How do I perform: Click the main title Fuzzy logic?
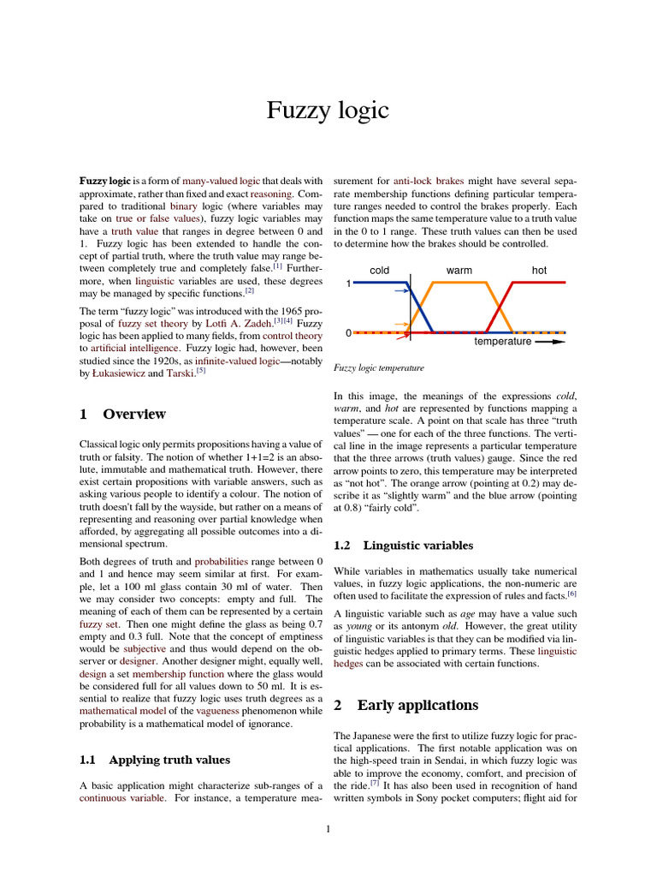(328, 110)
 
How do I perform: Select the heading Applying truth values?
(169, 759)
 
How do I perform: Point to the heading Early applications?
(417, 706)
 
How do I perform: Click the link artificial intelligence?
(131, 349)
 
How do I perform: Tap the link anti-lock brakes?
(430, 182)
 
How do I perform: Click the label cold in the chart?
(379, 271)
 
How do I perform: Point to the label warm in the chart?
(459, 271)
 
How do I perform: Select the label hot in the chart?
(539, 271)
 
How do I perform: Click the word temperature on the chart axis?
(502, 342)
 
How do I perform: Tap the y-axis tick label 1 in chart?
(348, 283)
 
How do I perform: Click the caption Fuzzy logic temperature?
(378, 367)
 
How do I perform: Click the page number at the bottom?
(328, 828)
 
